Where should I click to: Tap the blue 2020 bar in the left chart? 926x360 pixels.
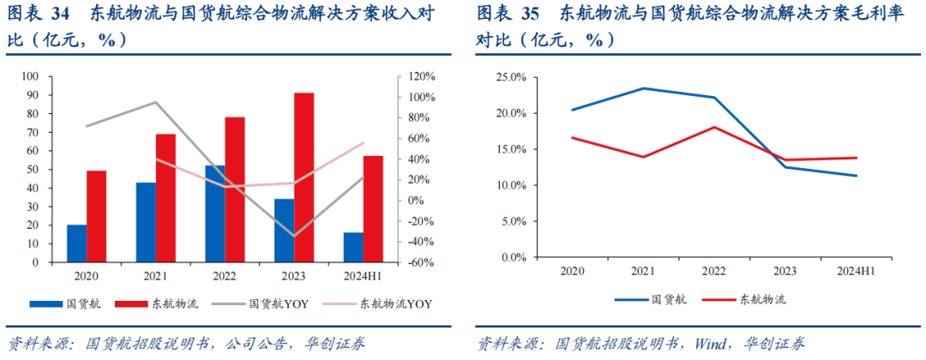click(76, 243)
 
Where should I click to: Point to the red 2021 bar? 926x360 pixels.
click(165, 198)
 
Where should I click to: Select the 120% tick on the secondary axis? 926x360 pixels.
click(420, 77)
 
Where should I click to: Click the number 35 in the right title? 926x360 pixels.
click(531, 14)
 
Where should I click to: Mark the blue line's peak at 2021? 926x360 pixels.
click(643, 88)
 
